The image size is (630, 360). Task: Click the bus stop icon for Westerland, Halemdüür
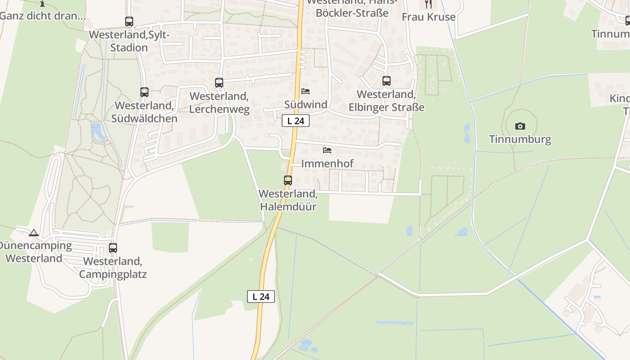click(x=288, y=180)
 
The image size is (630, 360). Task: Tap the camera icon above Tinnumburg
click(x=520, y=126)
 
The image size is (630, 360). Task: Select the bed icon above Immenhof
click(x=327, y=150)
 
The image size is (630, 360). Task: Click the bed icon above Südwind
click(x=306, y=91)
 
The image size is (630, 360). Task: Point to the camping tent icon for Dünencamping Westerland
click(x=33, y=233)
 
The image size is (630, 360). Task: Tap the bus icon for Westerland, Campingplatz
click(x=113, y=247)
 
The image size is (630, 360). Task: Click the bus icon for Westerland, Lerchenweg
click(x=219, y=83)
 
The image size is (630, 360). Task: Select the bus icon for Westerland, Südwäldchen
click(x=144, y=92)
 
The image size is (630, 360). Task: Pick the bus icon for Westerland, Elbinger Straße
click(x=387, y=81)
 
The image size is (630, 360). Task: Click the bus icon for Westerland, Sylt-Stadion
click(x=129, y=21)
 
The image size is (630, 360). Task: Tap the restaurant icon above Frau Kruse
click(x=428, y=4)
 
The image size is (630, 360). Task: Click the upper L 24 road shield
click(x=296, y=121)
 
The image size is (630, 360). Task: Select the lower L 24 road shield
click(x=261, y=297)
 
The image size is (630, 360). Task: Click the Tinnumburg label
click(x=520, y=139)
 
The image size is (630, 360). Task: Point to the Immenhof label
click(x=327, y=163)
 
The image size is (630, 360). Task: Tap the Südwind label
click(x=306, y=104)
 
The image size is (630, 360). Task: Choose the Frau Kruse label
click(x=428, y=17)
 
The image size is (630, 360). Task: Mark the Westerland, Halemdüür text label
click(x=288, y=200)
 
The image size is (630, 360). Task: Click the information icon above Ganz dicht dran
click(x=42, y=4)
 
